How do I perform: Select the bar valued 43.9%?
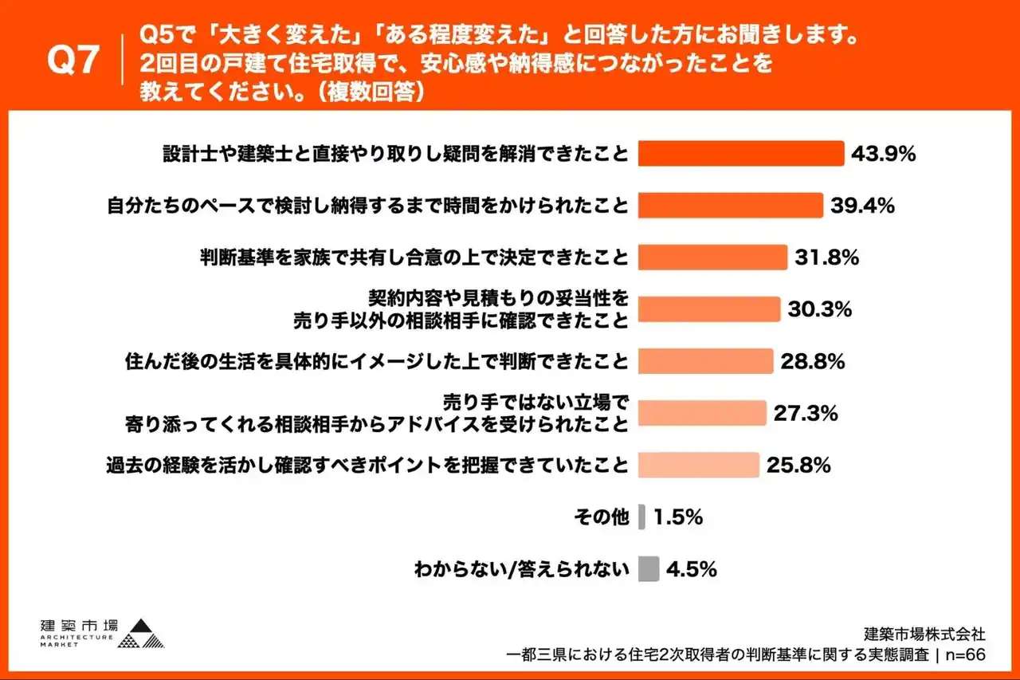741,154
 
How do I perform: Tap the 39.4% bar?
730,206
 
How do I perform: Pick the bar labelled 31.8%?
712,257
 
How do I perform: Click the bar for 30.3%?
709,309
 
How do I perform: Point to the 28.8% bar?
705,361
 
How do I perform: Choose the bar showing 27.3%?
702,413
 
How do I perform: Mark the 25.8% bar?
699,465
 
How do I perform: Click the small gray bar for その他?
642,517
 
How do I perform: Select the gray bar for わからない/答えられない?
649,569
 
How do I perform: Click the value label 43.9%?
883,154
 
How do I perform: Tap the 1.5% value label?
677,517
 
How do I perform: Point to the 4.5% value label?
692,569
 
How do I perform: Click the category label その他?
602,517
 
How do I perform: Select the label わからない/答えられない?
521,569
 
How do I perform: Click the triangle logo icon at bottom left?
144,634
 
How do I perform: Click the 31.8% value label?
826,257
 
